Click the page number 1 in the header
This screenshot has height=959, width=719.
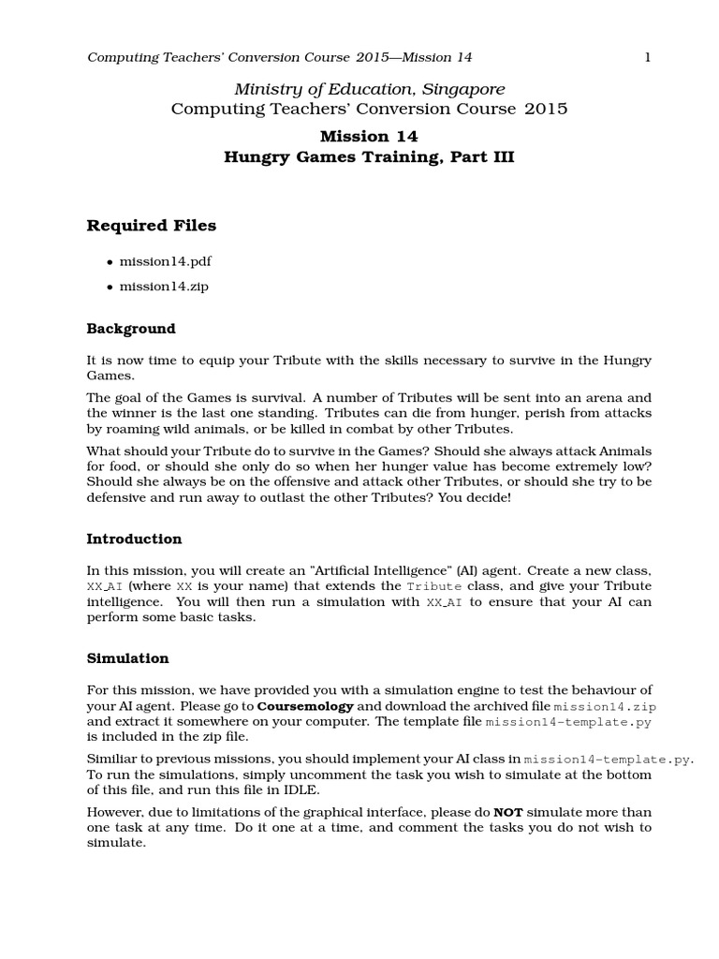[646, 58]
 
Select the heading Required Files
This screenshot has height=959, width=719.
[151, 226]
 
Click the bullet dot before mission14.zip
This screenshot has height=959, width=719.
[110, 287]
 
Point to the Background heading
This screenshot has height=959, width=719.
[131, 329]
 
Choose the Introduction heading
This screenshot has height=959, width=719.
[134, 539]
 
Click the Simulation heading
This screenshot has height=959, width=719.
[127, 659]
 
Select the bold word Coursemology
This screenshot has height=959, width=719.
[305, 705]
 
